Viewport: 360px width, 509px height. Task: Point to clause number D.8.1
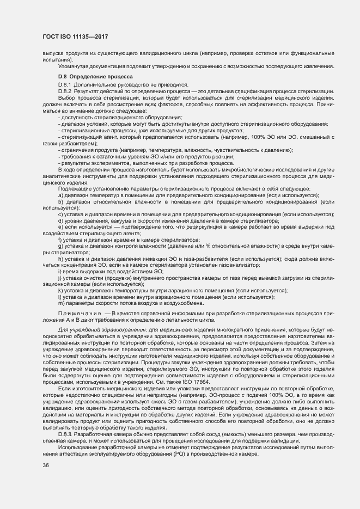click(66, 85)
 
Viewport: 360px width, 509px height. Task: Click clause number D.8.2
click(66, 90)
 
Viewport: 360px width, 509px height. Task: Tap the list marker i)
click(59, 271)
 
